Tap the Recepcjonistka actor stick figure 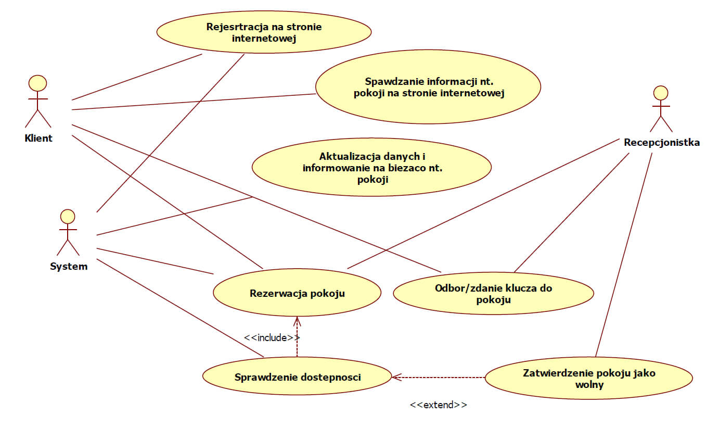[660, 109]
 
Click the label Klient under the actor [38, 139]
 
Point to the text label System [69, 267]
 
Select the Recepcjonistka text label [662, 142]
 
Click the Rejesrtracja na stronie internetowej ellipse [264, 32]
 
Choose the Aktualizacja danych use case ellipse [371, 167]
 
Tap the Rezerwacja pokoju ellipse [297, 293]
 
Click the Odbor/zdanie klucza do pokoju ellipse [493, 294]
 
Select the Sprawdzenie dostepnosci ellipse [297, 377]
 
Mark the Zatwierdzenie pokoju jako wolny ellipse [589, 379]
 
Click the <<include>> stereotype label [272, 337]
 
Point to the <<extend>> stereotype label [438, 405]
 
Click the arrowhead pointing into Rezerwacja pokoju [297, 320]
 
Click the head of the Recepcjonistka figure [660, 93]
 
